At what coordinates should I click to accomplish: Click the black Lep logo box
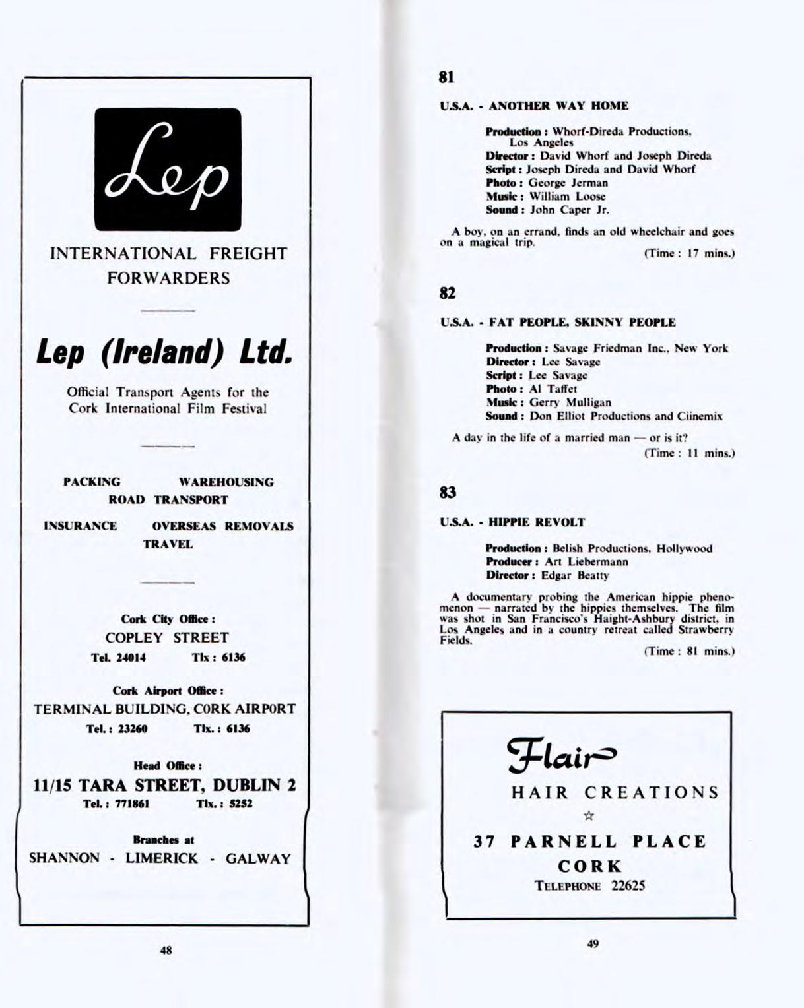click(168, 169)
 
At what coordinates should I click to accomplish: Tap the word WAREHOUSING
click(226, 482)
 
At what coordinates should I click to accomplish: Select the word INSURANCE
click(81, 526)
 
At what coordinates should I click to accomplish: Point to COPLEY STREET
click(167, 638)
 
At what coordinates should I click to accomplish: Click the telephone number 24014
click(131, 658)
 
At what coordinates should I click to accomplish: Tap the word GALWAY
click(258, 859)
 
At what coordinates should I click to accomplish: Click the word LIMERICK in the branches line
click(162, 859)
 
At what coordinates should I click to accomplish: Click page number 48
click(166, 951)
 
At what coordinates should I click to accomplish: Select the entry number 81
click(447, 78)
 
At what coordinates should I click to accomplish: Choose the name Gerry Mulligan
click(570, 402)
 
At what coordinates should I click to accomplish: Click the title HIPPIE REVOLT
click(537, 522)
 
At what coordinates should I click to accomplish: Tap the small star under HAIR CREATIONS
click(589, 816)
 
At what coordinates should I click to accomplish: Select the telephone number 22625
click(627, 886)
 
